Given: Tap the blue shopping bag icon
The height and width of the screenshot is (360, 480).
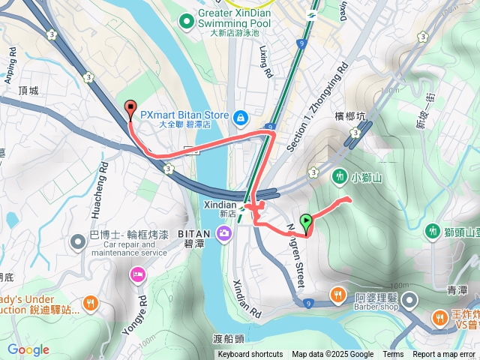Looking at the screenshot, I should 241,117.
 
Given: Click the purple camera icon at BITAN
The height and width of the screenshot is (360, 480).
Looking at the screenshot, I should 223,235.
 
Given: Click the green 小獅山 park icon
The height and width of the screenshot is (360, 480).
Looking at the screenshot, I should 340,176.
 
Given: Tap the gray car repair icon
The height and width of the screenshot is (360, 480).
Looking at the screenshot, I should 79,241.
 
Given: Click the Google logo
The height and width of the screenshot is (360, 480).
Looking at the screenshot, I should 28,349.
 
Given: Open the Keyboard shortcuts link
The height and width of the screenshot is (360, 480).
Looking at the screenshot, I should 250,355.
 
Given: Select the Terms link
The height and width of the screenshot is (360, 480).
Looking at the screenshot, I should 393,355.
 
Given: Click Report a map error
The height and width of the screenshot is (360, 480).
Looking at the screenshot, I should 444,355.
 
